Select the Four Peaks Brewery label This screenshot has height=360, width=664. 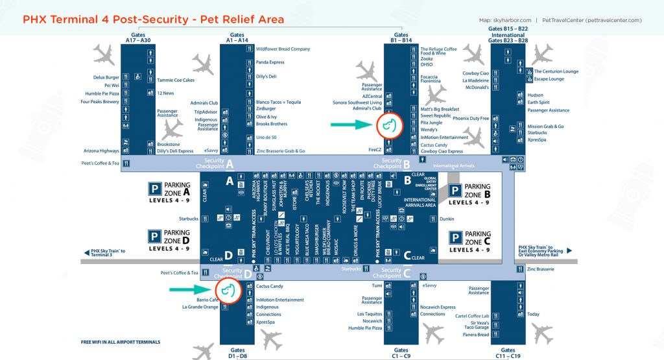click(x=100, y=102)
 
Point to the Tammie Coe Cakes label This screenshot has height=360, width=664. click(x=176, y=80)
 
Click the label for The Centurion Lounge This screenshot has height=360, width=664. click(x=556, y=71)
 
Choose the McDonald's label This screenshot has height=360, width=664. click(x=477, y=87)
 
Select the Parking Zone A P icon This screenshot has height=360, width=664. click(x=155, y=189)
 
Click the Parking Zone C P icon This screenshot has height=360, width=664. click(x=455, y=237)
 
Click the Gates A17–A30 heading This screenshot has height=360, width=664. click(x=137, y=38)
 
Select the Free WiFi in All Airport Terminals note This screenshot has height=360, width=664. click(x=121, y=342)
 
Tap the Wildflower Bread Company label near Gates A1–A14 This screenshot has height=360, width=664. click(x=283, y=49)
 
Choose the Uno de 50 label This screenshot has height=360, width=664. click(x=267, y=137)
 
